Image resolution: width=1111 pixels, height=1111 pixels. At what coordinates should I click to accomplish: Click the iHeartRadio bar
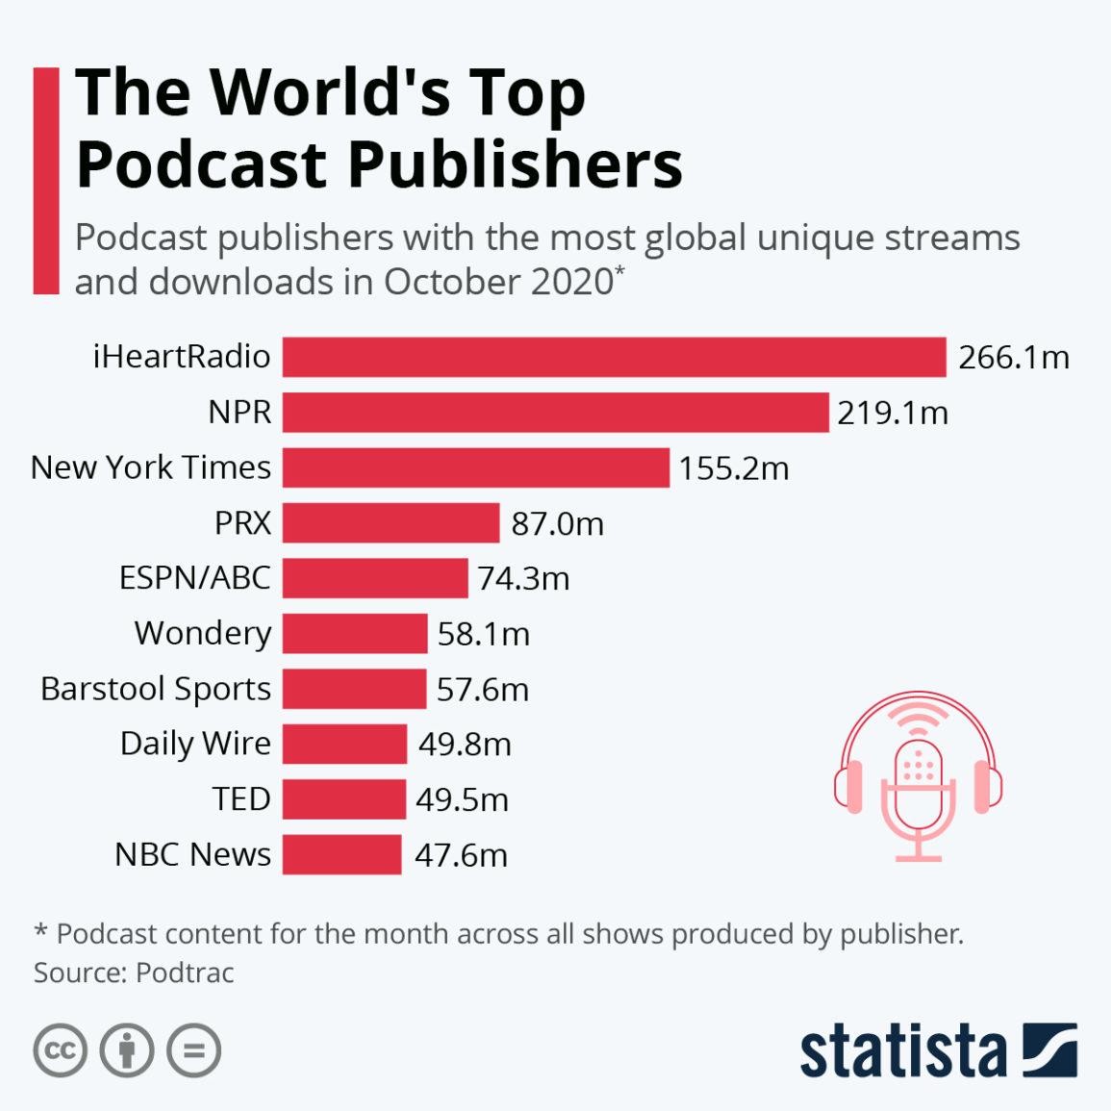pos(614,357)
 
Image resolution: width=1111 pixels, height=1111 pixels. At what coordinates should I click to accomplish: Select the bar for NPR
pos(555,412)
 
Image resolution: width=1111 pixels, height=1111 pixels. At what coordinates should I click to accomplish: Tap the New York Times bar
pos(475,467)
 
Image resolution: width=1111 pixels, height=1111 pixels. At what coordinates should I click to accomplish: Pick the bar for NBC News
pos(341,854)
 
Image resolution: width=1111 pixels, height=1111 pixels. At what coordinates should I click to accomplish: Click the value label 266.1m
pos(1013,358)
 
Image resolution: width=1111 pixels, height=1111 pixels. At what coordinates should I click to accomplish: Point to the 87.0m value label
pos(557,523)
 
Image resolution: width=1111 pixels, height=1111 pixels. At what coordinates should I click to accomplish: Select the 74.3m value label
pos(523,579)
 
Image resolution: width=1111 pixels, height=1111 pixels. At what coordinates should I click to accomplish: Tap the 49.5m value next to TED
pos(462,799)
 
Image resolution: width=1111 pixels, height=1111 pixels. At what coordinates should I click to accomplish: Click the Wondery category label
pos(203,633)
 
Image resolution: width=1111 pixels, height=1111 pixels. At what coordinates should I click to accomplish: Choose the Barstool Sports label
pos(156,689)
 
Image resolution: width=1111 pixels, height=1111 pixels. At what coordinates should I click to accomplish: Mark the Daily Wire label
pos(195,744)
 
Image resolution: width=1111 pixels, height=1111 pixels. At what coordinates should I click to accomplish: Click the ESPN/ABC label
pos(194,578)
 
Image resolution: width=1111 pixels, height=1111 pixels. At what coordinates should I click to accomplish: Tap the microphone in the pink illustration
pos(919,784)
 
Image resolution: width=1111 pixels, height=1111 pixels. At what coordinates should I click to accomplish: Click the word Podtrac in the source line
pos(185,972)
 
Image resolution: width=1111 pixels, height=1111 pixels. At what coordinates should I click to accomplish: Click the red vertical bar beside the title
pos(45,180)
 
